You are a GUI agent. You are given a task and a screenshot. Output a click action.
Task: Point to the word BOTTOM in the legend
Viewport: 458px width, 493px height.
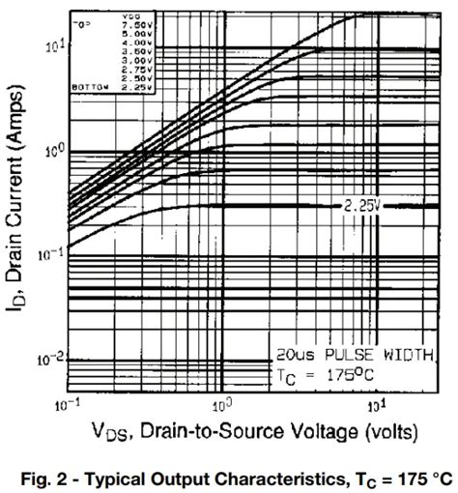90,85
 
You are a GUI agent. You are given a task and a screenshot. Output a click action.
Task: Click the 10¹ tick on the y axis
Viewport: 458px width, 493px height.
52,44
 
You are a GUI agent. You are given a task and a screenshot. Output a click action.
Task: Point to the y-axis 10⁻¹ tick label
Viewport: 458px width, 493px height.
50,254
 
